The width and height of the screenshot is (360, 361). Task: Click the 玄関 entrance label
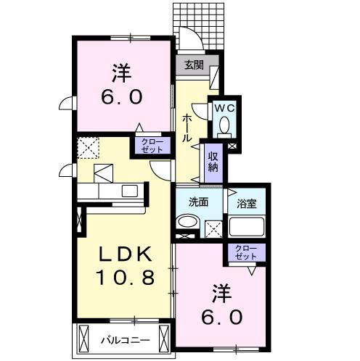tap(194, 65)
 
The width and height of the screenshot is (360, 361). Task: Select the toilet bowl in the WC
tap(224, 125)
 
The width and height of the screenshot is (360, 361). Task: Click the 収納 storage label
tap(213, 162)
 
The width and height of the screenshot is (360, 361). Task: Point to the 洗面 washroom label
tap(198, 202)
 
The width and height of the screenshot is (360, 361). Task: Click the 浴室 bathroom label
tap(247, 204)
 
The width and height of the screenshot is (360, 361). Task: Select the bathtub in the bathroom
tap(247, 227)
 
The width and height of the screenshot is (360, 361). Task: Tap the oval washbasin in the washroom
tap(187, 222)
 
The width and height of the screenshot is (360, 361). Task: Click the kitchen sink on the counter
tap(130, 191)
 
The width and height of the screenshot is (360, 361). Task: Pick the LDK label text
tap(125, 254)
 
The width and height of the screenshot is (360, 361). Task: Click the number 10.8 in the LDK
tap(125, 277)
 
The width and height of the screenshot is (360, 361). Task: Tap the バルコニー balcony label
tap(126, 341)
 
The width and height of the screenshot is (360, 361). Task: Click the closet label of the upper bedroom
tap(152, 146)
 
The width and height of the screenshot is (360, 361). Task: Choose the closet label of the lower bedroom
tap(246, 252)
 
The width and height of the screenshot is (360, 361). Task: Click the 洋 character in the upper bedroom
tap(121, 72)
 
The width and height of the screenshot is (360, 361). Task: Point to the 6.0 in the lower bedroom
tap(221, 317)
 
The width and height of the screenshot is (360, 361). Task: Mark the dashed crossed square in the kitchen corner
tap(88, 148)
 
